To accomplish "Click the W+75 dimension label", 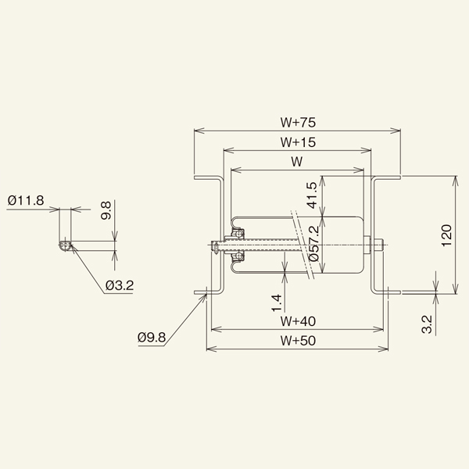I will (x=296, y=122).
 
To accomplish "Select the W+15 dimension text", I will (x=296, y=142).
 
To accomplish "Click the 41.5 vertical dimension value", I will (x=311, y=195).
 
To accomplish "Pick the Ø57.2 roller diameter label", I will (x=313, y=244).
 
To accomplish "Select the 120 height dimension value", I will (x=446, y=235).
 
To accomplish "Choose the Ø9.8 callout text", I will (x=152, y=337).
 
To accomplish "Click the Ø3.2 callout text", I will (x=119, y=287).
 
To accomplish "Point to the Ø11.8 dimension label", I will (x=27, y=201).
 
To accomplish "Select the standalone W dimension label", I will (x=296, y=162).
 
